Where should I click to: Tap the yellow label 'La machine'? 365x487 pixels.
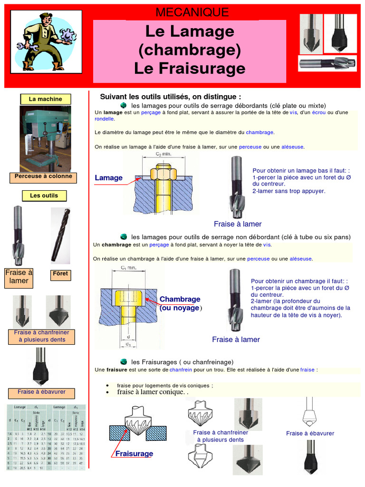(45, 99)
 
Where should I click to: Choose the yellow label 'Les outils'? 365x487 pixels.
(44, 195)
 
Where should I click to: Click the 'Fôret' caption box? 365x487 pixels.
(61, 274)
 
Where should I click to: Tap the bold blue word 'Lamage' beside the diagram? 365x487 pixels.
(108, 178)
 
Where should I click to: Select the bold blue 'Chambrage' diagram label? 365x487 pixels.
(180, 299)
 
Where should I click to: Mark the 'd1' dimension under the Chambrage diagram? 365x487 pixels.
(128, 344)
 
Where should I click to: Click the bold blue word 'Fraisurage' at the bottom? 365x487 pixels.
(134, 454)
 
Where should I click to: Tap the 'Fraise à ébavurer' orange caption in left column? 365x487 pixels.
(42, 392)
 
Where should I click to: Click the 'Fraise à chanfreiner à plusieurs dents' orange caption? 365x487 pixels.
(42, 336)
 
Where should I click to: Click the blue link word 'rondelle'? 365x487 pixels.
(105, 119)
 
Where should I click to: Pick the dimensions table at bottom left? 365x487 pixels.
(46, 437)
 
